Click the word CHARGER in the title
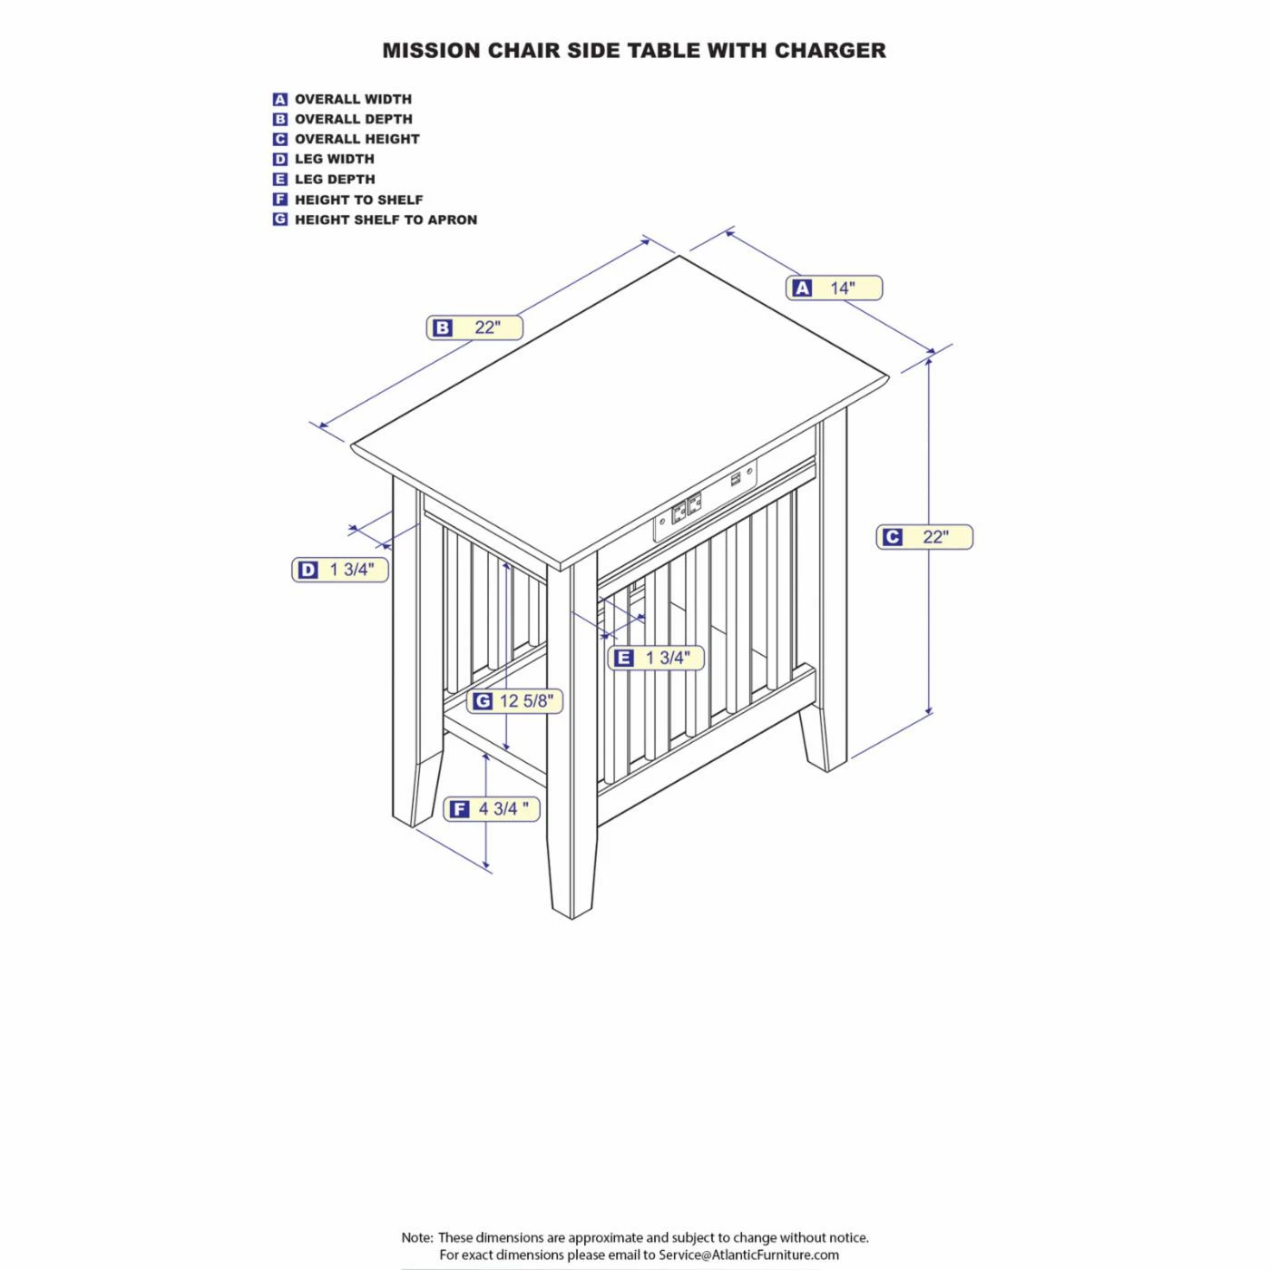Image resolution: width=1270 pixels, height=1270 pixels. [x=830, y=51]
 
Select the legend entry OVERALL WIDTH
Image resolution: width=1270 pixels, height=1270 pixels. [x=353, y=100]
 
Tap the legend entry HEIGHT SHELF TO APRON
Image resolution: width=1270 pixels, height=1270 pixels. [x=386, y=220]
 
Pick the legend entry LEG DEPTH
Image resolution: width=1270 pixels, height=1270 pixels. [x=335, y=180]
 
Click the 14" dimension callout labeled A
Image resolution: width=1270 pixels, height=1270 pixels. [x=834, y=288]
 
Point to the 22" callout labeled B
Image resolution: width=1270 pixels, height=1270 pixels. [x=474, y=327]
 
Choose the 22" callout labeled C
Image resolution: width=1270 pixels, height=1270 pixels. [x=924, y=537]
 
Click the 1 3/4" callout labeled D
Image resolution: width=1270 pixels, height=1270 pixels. [x=340, y=570]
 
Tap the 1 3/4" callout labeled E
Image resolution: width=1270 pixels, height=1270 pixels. [x=656, y=657]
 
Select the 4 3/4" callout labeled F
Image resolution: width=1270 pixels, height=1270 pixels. [x=492, y=808]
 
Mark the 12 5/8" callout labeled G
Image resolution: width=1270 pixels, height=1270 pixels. [x=514, y=700]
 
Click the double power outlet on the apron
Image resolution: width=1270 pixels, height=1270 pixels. [x=686, y=510]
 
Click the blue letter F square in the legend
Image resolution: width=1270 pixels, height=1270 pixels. [x=280, y=200]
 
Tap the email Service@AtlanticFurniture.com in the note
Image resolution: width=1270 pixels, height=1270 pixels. [x=749, y=1255]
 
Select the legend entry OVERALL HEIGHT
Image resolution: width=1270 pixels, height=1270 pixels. [x=357, y=140]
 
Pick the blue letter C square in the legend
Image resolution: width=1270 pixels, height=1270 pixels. [x=280, y=140]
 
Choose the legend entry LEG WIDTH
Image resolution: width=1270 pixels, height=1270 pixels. [x=335, y=160]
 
